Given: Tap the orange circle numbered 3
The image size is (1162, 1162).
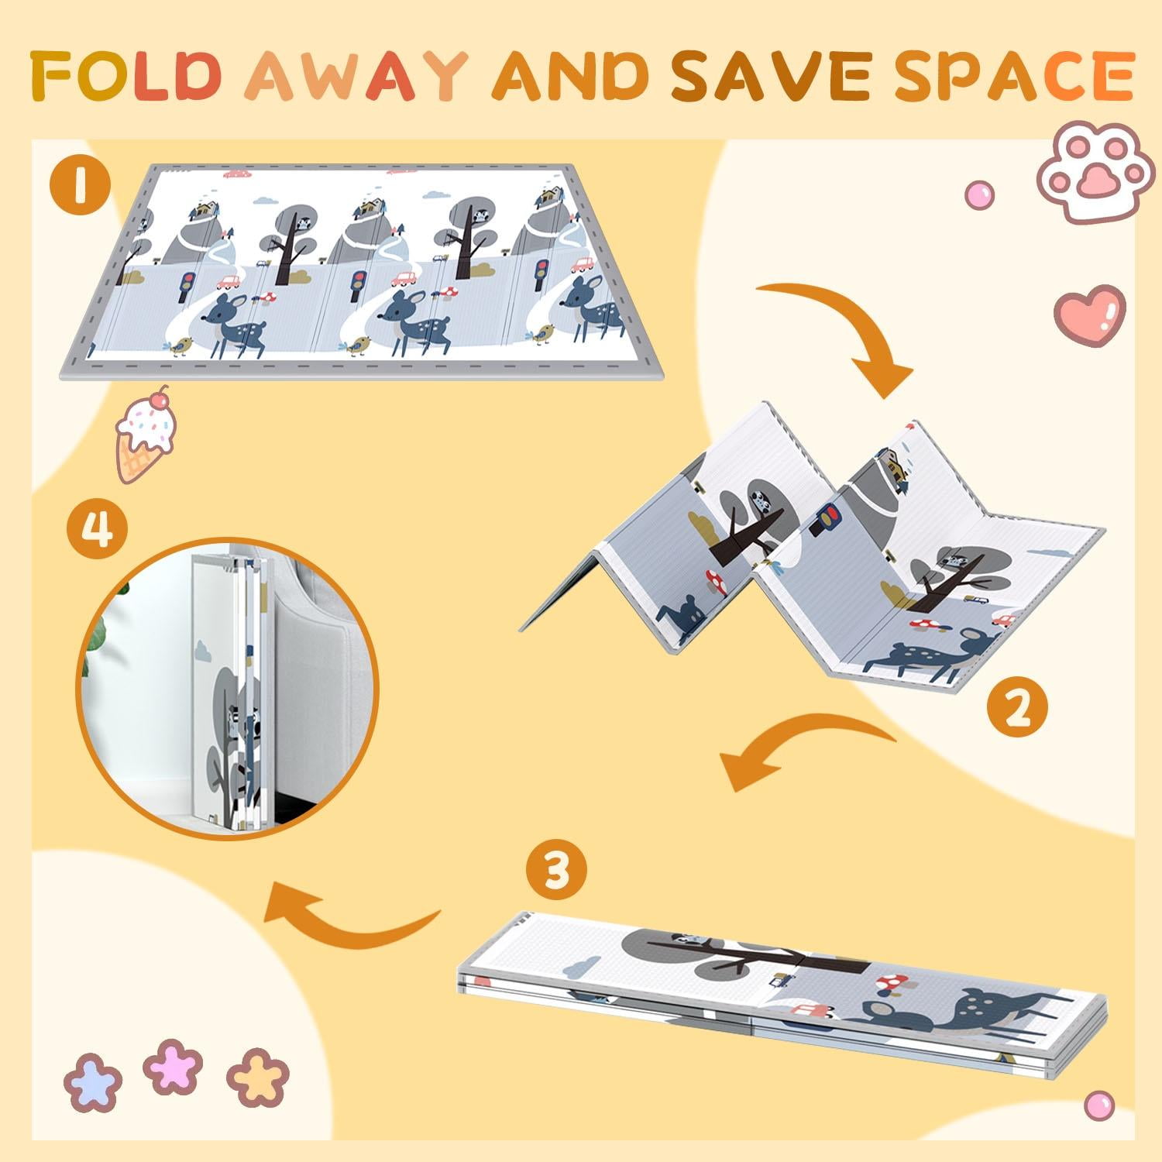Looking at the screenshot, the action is (557, 871).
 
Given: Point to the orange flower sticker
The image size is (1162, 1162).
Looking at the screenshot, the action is (258, 1077).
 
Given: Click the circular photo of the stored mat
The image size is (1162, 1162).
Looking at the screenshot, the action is (229, 688).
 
